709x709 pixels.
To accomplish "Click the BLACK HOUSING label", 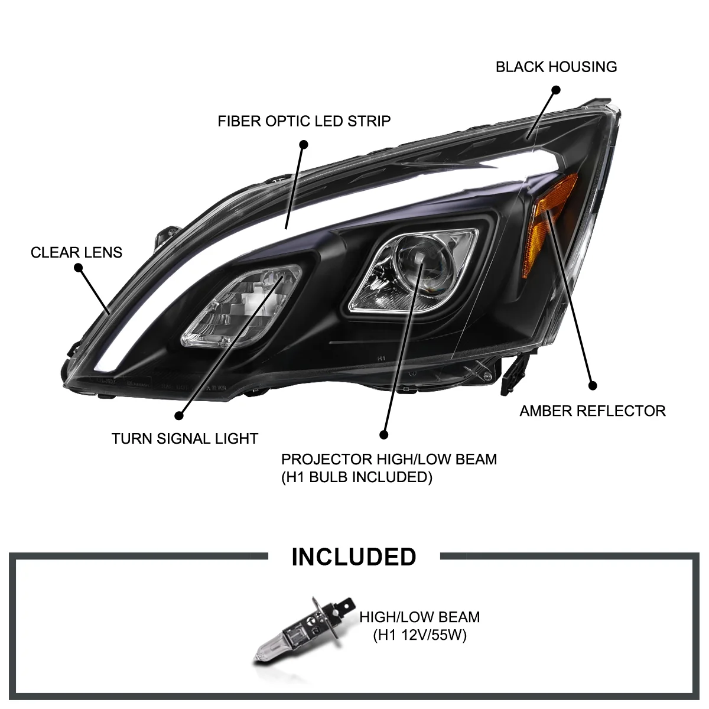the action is (x=556, y=67).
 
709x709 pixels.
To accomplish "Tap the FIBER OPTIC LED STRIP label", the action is (x=304, y=121).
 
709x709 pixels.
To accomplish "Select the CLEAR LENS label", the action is (x=77, y=252).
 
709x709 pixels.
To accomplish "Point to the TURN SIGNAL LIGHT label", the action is (x=185, y=438).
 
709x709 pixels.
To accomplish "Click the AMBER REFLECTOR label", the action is (x=593, y=411).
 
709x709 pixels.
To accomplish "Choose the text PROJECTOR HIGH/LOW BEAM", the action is (x=389, y=459).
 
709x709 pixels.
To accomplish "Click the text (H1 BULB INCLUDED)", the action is (x=356, y=477).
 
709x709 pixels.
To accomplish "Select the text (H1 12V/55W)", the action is (x=419, y=635).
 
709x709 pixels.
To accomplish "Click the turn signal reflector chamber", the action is (x=242, y=307).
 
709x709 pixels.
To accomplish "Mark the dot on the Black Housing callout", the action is (x=556, y=90).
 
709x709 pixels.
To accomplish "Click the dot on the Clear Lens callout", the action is (x=79, y=268).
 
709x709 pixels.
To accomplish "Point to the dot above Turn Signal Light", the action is (x=179, y=416).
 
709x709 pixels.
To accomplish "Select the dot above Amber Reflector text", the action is (x=593, y=386).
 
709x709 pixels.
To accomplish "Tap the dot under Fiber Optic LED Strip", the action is (x=303, y=144).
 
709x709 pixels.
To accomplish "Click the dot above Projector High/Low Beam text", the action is (x=384, y=435).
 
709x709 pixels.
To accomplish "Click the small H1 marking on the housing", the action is (x=381, y=357).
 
